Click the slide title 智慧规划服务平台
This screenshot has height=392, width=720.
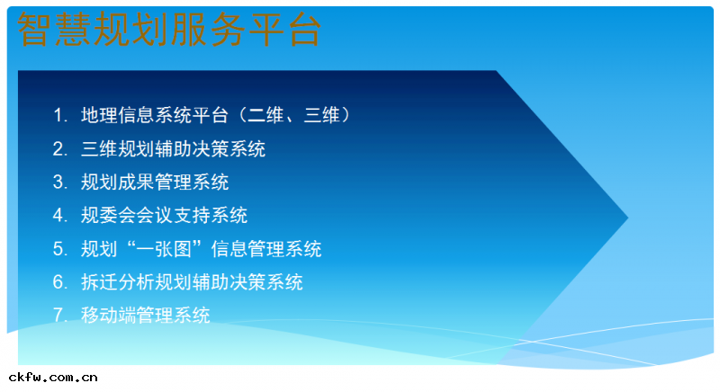coord(169,31)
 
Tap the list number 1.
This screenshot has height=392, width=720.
coord(58,116)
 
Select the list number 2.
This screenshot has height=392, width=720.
coord(58,149)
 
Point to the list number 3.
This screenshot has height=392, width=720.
coord(58,183)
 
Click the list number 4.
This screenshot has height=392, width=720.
coord(58,216)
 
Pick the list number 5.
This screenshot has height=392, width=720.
coord(58,249)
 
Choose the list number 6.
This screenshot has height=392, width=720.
coord(58,282)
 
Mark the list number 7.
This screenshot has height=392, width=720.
coord(58,316)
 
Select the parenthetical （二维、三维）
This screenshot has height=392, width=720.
coord(292,116)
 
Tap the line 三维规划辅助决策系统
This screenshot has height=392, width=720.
coord(173,149)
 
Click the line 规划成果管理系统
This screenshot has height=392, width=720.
coord(155,183)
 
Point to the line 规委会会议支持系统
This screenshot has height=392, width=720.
coord(164,216)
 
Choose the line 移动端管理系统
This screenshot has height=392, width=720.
coord(145,316)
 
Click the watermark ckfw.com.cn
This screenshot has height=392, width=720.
coord(53,378)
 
